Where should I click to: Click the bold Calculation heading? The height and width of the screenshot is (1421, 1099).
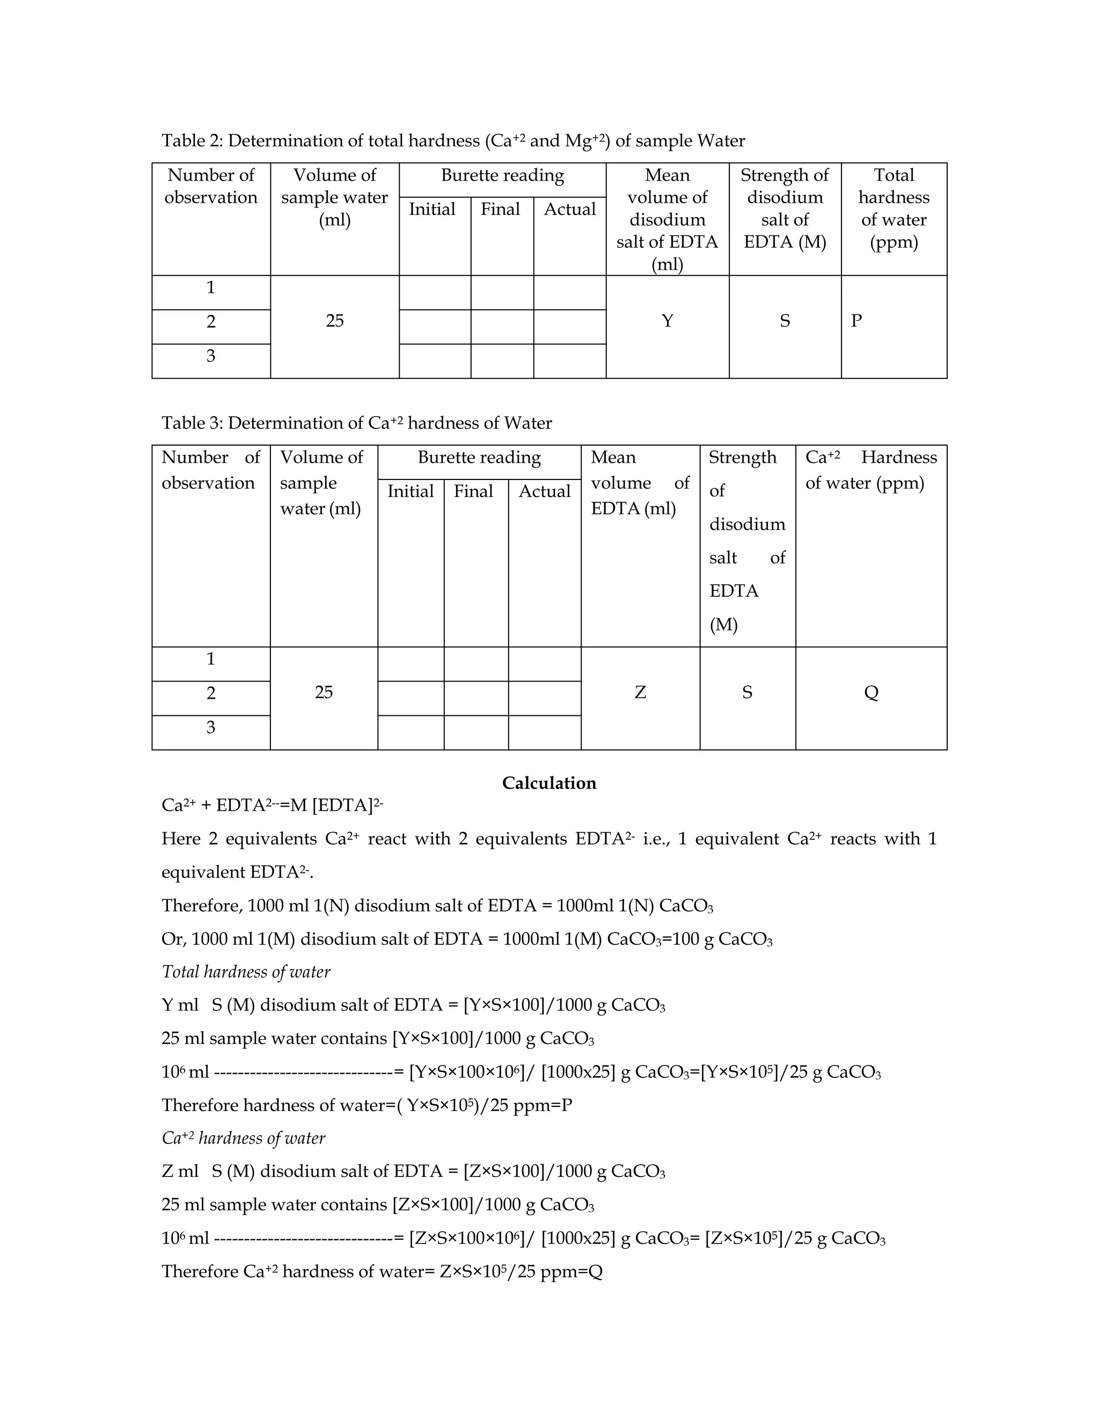tap(549, 783)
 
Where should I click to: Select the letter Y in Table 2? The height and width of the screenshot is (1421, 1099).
tap(668, 321)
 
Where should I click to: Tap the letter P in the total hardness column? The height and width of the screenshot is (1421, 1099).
tap(856, 321)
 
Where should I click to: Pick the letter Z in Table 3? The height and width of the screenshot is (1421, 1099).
tap(640, 692)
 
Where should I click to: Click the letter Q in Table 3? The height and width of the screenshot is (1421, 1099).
tap(871, 692)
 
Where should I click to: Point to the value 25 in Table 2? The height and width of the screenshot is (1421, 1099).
tap(335, 321)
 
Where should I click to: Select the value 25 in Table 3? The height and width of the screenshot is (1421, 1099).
tap(324, 692)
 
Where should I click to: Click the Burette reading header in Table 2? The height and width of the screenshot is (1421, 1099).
tap(502, 176)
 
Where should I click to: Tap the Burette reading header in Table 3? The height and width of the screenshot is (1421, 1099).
tap(479, 457)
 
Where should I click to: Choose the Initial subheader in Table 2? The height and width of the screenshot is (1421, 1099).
tap(431, 210)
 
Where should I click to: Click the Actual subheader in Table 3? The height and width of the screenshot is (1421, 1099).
tap(544, 491)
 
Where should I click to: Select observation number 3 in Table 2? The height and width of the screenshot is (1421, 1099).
tap(210, 356)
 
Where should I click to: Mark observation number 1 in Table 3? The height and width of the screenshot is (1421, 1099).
tap(210, 659)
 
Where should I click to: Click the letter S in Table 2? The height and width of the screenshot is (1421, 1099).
tap(785, 321)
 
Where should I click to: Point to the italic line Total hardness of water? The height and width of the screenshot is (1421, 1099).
tap(246, 972)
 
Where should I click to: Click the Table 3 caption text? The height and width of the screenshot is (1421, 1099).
tap(356, 423)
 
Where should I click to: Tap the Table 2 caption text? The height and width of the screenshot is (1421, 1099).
tap(452, 140)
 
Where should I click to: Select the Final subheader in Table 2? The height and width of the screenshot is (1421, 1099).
tap(500, 210)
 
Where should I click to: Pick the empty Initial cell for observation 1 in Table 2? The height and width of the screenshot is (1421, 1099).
tap(434, 292)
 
